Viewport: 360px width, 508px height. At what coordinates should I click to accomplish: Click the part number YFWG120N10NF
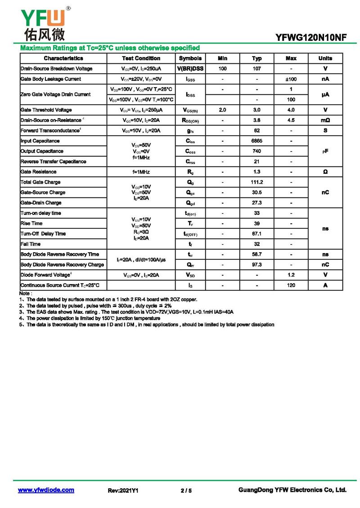(311, 38)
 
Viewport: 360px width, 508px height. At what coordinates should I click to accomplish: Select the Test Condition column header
(141, 58)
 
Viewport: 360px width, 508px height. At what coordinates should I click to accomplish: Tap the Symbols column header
(190, 58)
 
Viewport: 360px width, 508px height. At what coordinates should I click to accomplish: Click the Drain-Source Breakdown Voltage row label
(57, 69)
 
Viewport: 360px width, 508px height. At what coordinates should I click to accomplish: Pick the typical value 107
(256, 69)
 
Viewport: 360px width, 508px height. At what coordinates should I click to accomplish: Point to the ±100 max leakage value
(291, 79)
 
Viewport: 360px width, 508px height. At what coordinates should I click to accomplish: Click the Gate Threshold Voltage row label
(46, 110)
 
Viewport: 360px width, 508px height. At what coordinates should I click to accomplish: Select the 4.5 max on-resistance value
(291, 120)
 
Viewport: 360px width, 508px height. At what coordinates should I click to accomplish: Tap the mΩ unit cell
(325, 120)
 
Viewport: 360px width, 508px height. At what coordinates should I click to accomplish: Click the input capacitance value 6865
(256, 141)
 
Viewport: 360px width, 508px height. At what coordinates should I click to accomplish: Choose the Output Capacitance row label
(42, 152)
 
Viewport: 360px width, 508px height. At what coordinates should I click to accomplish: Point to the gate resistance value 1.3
(256, 172)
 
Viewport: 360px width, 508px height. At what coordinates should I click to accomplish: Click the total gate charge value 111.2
(256, 182)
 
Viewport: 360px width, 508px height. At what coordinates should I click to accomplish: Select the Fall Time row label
(31, 244)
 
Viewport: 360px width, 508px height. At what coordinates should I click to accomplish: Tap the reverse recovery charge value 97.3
(256, 265)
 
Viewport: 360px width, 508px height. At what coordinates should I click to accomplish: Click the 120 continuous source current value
(291, 285)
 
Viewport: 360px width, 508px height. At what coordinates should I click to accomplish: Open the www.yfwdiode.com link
(46, 490)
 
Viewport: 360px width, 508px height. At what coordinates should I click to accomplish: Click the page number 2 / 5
(186, 491)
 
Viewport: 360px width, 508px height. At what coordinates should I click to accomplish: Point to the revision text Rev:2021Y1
(123, 491)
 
